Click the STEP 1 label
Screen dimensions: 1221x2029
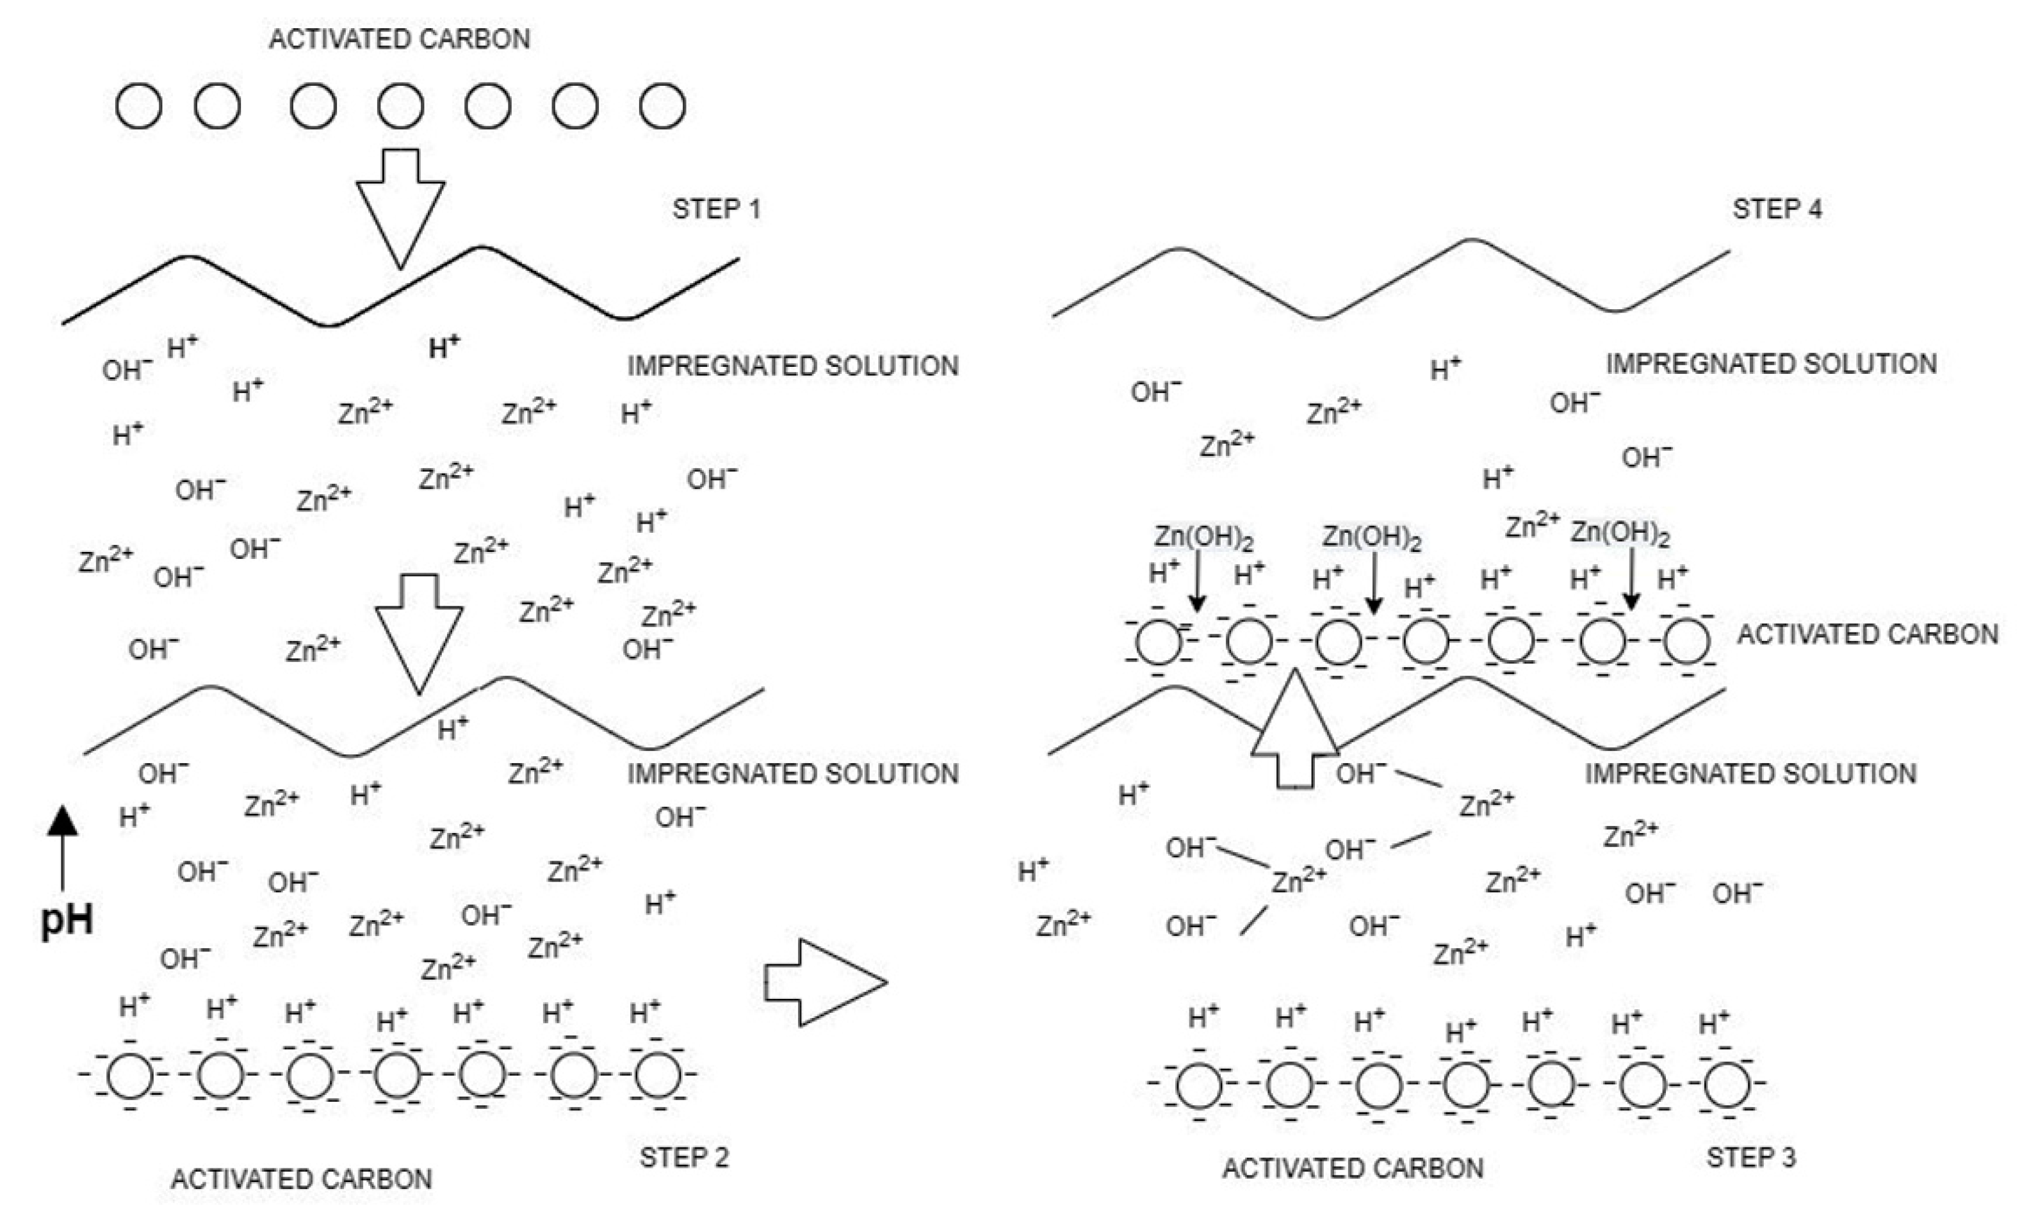[x=716, y=209]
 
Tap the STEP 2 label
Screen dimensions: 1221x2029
[x=684, y=1158]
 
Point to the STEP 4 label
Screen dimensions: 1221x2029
[x=1777, y=209]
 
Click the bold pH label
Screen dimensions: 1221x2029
[x=67, y=920]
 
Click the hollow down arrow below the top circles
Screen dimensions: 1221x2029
[x=401, y=206]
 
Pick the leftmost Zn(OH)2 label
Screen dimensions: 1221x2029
[x=1203, y=537]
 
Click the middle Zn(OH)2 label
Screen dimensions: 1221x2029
[x=1372, y=537]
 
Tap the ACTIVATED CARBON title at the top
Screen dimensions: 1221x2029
[x=399, y=38]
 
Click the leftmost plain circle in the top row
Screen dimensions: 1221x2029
[x=138, y=106]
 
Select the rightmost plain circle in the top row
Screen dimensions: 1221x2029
[x=662, y=106]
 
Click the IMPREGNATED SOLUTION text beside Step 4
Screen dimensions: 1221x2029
[x=1771, y=364]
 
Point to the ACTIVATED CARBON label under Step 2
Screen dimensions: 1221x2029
[x=301, y=1179]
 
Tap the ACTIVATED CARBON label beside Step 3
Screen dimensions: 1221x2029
[x=1353, y=1168]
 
